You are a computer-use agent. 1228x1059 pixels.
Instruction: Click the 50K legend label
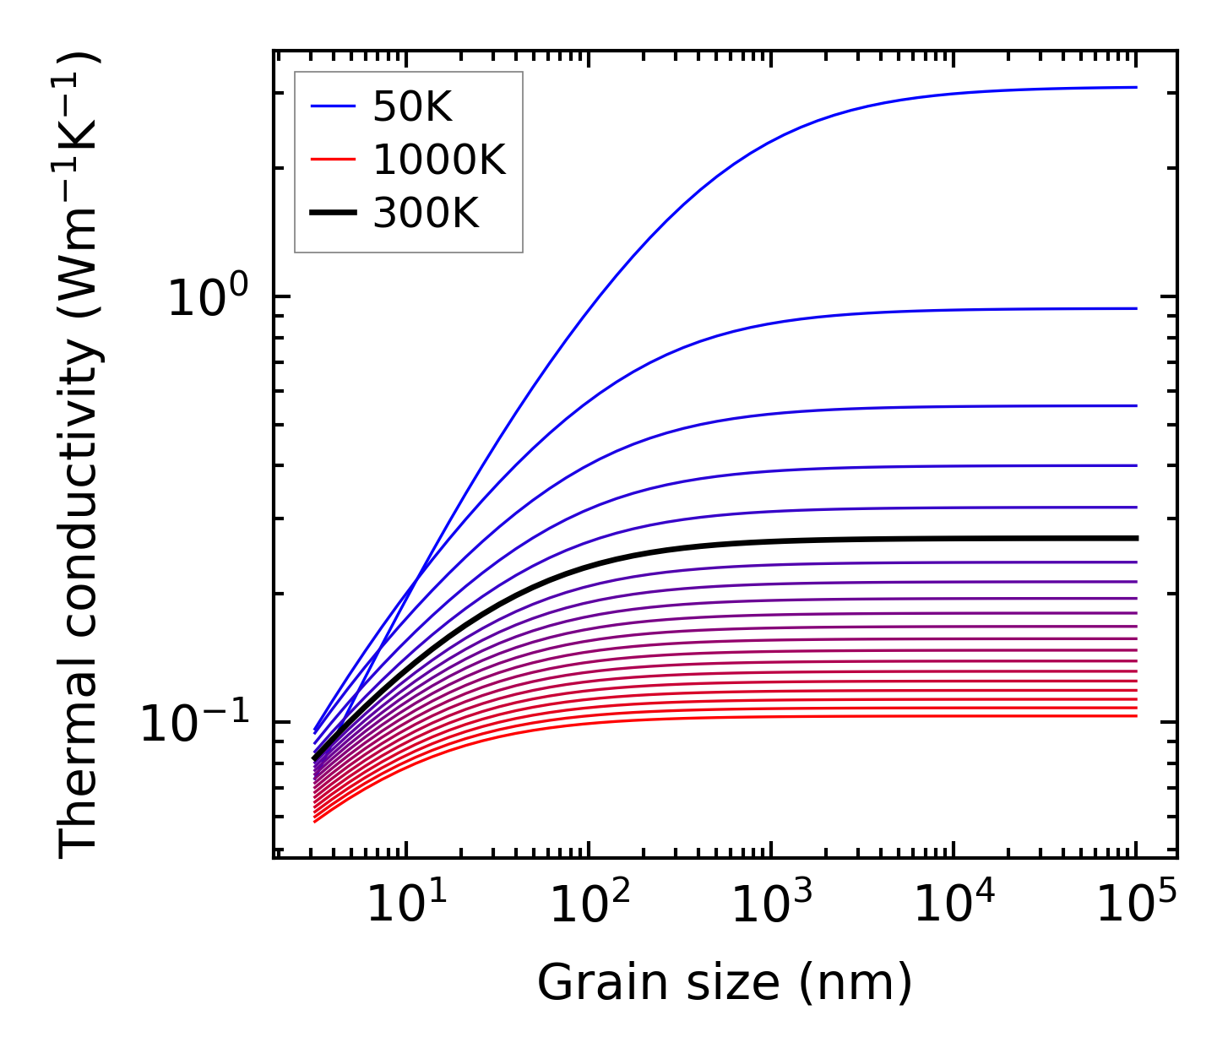point(412,107)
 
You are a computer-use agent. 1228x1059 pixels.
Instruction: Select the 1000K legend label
point(438,160)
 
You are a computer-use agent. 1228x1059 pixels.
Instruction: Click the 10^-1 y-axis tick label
point(195,725)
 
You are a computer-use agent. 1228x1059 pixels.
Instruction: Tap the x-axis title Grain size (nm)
point(725,983)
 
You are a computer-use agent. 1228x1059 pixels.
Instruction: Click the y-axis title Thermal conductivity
point(80,456)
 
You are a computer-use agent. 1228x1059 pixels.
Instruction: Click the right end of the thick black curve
point(1136,538)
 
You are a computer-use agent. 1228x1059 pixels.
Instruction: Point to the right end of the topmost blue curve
point(1136,87)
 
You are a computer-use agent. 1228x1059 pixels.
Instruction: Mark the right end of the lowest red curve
point(1136,716)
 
